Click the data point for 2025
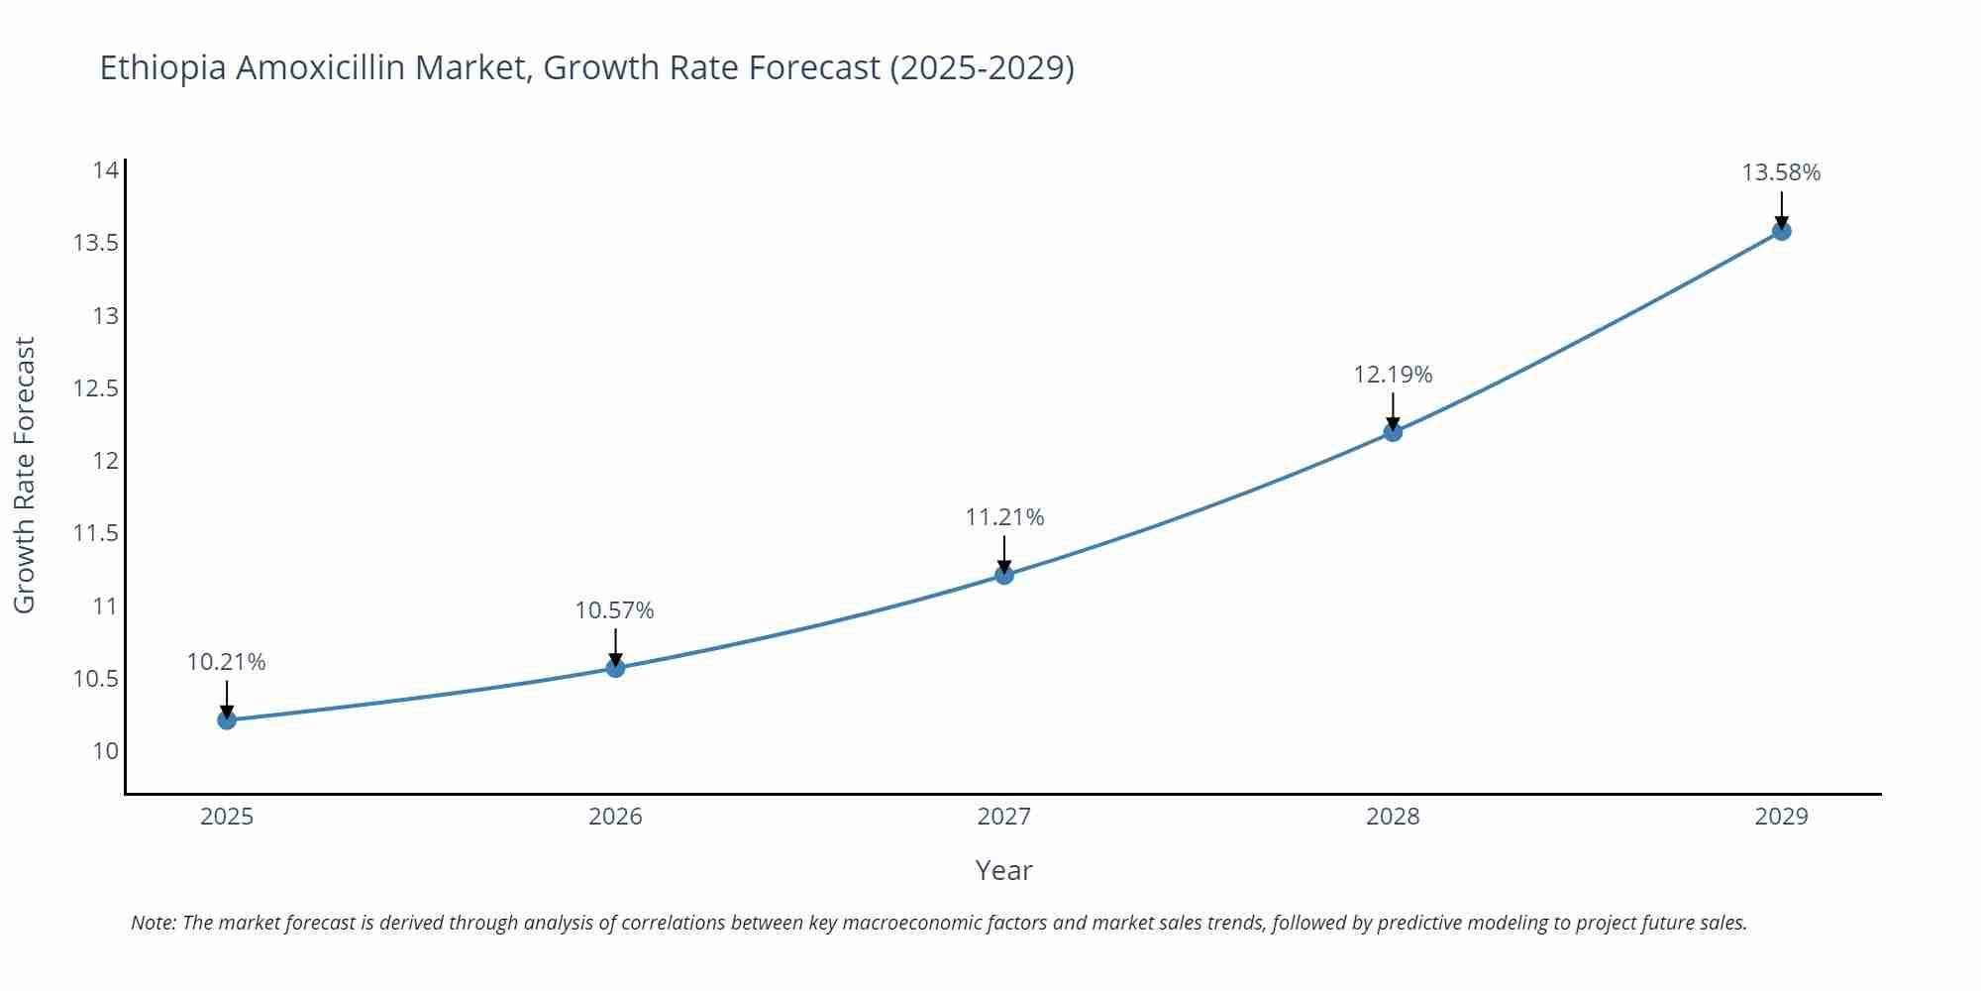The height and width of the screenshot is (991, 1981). coord(227,719)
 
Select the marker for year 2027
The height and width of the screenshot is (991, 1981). coord(1004,575)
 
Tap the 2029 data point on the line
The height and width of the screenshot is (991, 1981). coord(1781,231)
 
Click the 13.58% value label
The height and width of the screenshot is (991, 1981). coord(1781,172)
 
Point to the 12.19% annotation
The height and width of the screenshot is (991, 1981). coord(1393,375)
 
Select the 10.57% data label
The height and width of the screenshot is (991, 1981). coord(614,610)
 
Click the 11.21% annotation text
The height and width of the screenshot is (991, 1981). coord(1004,517)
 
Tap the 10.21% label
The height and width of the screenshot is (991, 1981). coord(226,662)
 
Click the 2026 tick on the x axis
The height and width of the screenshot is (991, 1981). coord(615,817)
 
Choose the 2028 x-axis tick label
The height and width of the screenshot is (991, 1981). coord(1393,817)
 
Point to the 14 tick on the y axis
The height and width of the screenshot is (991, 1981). coord(106,170)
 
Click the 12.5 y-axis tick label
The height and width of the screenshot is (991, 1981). coord(96,388)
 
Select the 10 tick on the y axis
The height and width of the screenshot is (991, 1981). coord(106,751)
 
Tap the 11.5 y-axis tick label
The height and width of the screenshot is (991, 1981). coord(96,533)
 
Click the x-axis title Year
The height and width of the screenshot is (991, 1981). coord(1003,870)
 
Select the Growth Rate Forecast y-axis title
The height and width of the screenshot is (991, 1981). coord(25,475)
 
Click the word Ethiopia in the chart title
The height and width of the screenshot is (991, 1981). coord(162,68)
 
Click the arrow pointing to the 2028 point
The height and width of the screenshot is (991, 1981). coord(1393,410)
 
